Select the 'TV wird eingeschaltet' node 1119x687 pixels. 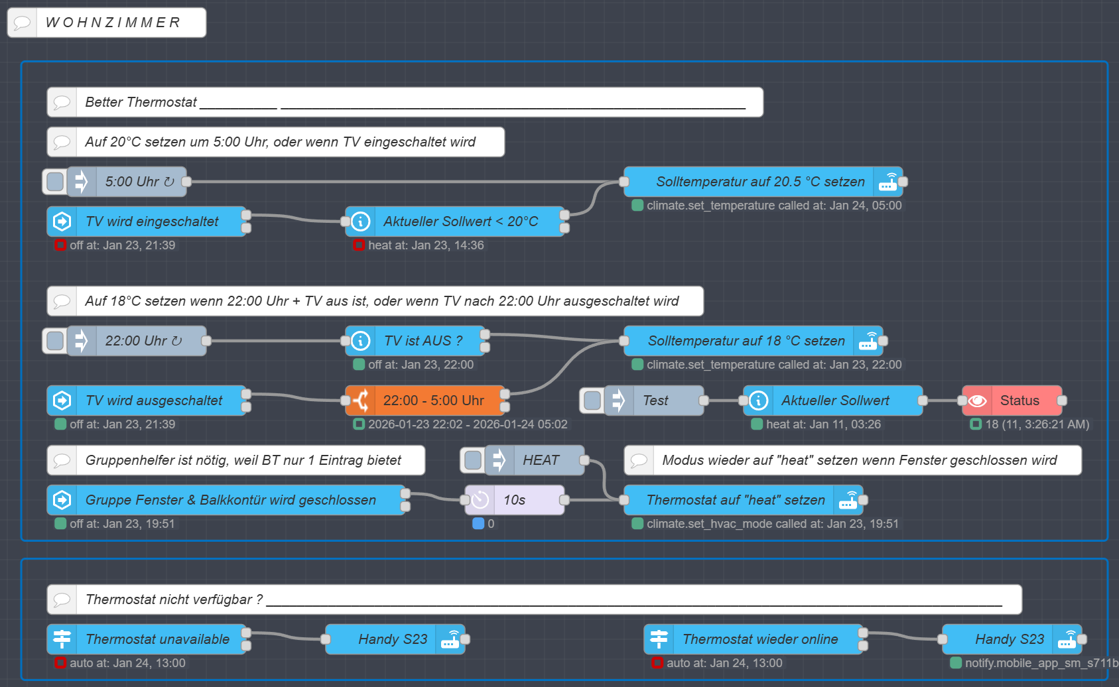(x=147, y=221)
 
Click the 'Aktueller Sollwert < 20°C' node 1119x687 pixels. (x=454, y=221)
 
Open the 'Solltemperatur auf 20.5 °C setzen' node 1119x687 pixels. (x=763, y=182)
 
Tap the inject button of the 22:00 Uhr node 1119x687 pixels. (x=55, y=341)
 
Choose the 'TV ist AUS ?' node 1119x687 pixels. (x=415, y=341)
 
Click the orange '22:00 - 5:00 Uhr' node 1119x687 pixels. (x=425, y=401)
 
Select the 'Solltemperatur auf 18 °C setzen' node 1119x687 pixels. (x=754, y=341)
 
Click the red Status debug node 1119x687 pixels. (x=1012, y=401)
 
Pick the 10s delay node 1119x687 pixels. (x=515, y=500)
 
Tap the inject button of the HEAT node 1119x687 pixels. (x=472, y=460)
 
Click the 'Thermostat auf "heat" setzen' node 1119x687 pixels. (x=744, y=500)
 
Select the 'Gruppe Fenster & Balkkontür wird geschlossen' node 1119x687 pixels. (x=226, y=500)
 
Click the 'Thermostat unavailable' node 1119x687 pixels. (x=147, y=639)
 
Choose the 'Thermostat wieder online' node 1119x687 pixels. (x=754, y=639)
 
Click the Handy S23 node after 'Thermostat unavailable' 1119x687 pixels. (x=395, y=639)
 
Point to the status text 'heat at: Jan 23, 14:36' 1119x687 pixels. (x=426, y=245)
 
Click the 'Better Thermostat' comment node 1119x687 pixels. (x=405, y=102)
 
